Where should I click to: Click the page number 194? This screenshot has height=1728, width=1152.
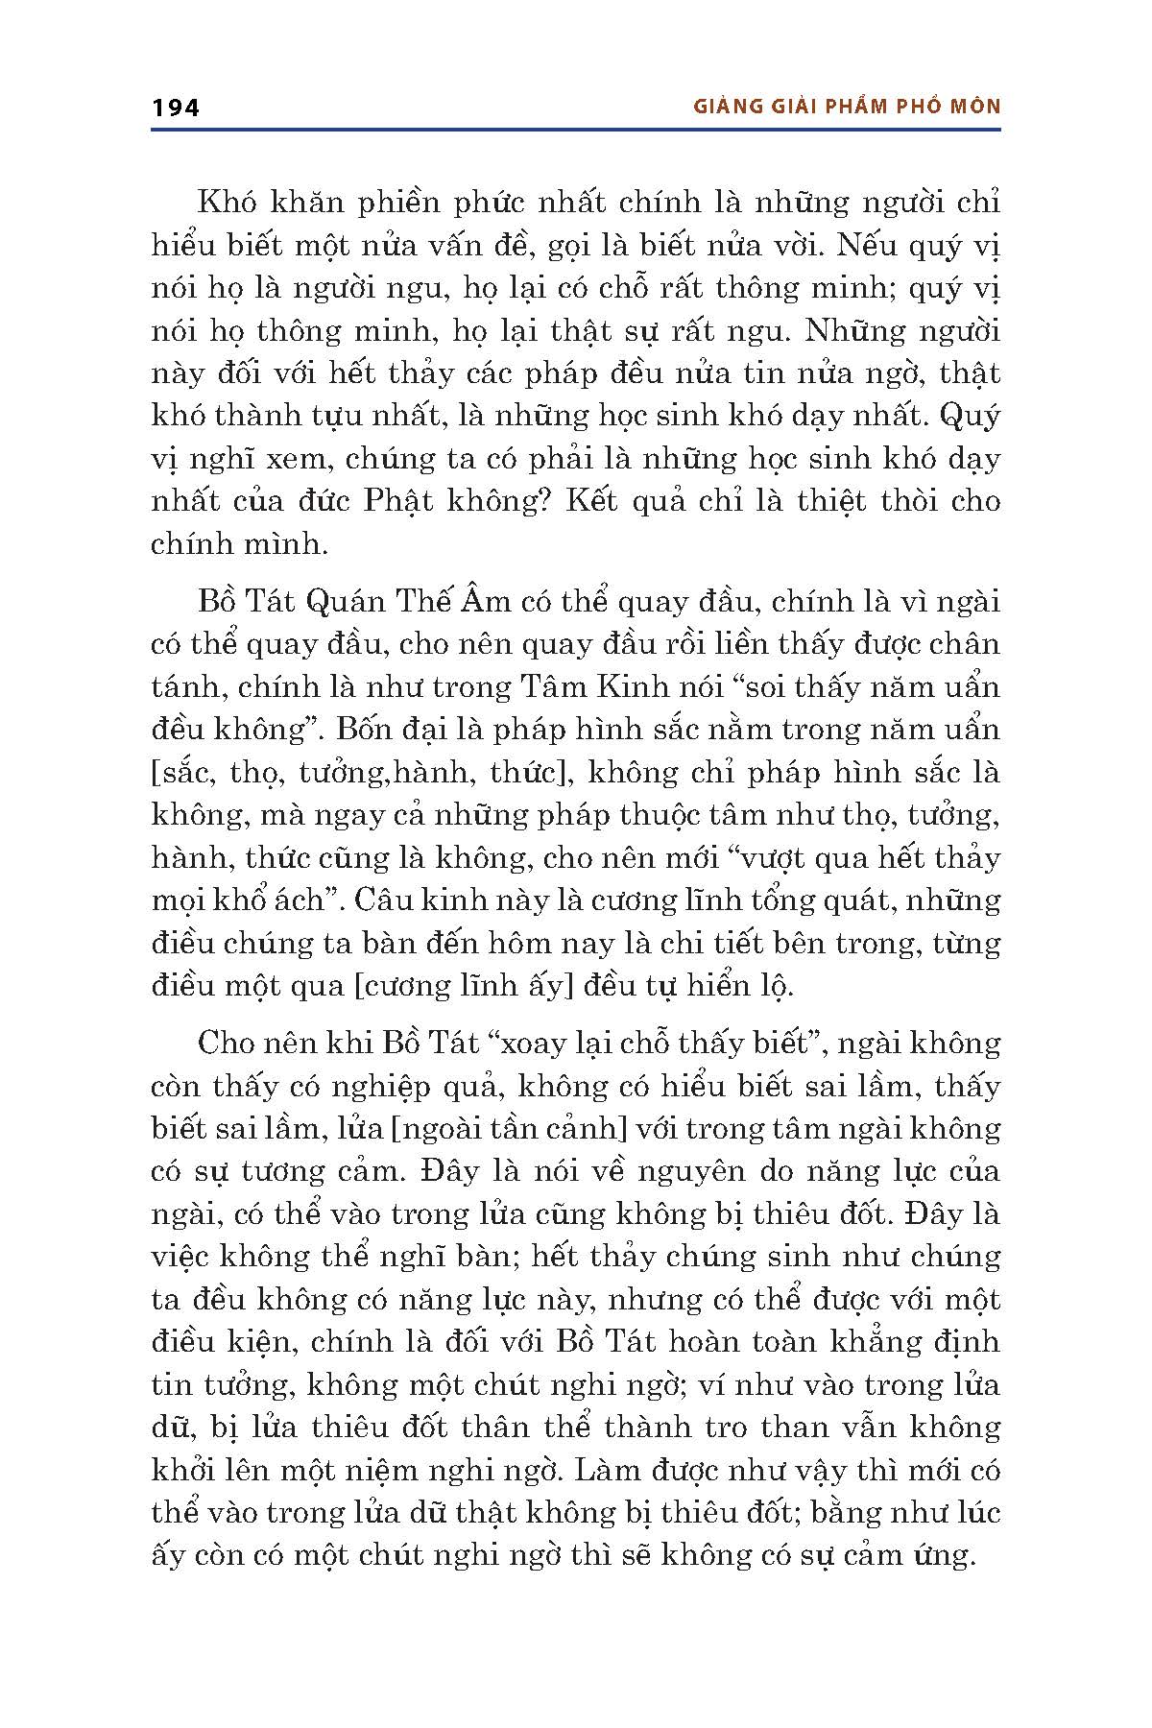(176, 108)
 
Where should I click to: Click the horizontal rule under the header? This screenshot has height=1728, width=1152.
(576, 129)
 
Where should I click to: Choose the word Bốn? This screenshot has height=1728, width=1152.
(362, 730)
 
